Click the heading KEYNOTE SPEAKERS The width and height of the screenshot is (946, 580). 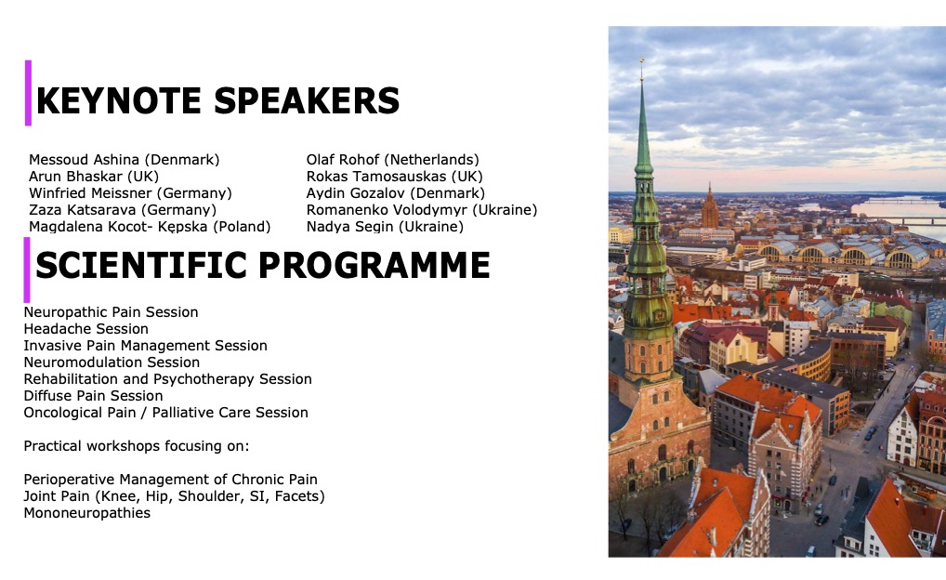(217, 100)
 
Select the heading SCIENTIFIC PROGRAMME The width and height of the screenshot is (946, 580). (262, 265)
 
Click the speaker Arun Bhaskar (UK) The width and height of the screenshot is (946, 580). (94, 177)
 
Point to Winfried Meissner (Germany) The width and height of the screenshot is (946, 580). (130, 193)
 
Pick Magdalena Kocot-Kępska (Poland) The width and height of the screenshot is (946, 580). (150, 227)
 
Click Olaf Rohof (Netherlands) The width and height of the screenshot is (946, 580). (393, 160)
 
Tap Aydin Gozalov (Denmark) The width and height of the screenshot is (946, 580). (396, 193)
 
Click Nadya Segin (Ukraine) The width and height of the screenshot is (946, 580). (385, 227)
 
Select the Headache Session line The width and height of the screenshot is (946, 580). (85, 329)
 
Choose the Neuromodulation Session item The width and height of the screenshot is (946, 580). (112, 362)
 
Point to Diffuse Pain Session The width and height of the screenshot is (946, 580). (93, 396)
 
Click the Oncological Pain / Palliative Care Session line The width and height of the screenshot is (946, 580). (166, 413)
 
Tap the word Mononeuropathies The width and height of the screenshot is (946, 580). (86, 513)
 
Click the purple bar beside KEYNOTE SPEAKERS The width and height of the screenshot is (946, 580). (28, 93)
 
